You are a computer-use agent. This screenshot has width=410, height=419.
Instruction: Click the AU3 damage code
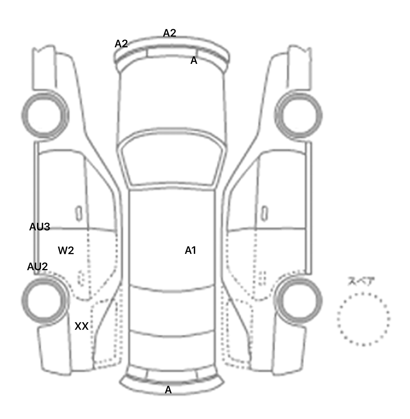coord(40,227)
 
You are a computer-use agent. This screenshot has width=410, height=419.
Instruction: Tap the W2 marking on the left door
coord(66,250)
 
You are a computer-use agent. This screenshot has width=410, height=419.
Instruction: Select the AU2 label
coord(37,266)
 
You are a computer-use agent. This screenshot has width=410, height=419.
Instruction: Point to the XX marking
coord(81,326)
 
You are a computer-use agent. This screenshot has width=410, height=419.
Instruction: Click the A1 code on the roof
coord(190,250)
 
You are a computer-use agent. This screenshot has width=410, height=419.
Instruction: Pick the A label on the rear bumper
coord(168,390)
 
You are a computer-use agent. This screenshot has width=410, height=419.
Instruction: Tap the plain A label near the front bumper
coord(194,61)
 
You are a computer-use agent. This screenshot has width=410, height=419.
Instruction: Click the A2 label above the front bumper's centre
coord(169,33)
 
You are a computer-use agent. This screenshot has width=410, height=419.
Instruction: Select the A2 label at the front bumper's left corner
coord(121,44)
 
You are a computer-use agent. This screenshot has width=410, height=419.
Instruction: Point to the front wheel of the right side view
coord(298,115)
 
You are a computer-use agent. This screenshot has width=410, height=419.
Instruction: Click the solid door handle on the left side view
coord(79,213)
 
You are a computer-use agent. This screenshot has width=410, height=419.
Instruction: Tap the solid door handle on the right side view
coord(264,213)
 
